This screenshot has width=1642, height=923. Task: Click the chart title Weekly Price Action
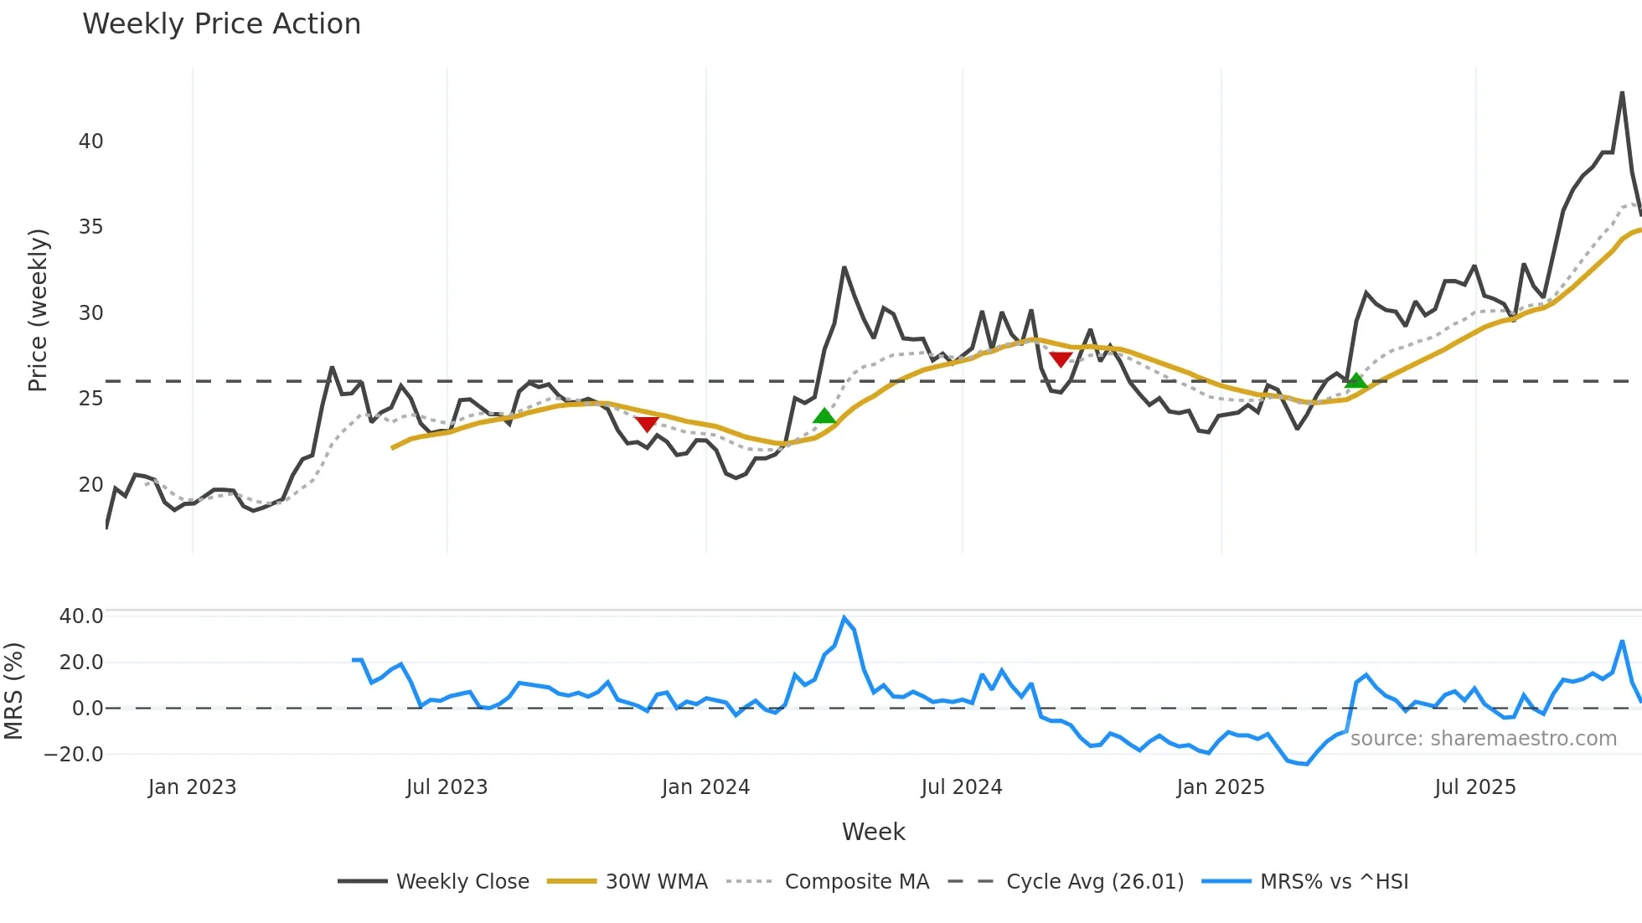[x=221, y=24]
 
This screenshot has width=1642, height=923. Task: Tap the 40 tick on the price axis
[x=90, y=142]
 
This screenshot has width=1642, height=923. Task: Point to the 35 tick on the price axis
[x=90, y=227]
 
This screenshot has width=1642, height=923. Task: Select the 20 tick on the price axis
[x=90, y=485]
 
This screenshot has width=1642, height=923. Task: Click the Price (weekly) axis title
[x=39, y=311]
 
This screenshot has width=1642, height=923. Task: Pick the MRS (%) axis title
[x=14, y=691]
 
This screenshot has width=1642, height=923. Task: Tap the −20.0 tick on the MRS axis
[x=73, y=755]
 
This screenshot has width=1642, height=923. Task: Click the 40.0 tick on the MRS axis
[x=81, y=616]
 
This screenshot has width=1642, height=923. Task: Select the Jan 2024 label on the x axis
[x=705, y=787]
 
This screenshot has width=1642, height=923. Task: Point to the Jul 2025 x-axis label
[x=1474, y=787]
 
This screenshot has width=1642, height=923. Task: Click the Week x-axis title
[x=873, y=832]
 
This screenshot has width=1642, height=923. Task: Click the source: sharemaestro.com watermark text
[x=1483, y=739]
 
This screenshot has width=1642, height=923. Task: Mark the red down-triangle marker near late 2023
[x=647, y=424]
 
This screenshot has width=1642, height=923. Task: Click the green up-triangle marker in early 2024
[x=824, y=416]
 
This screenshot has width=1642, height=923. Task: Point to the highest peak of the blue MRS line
[x=844, y=618]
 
